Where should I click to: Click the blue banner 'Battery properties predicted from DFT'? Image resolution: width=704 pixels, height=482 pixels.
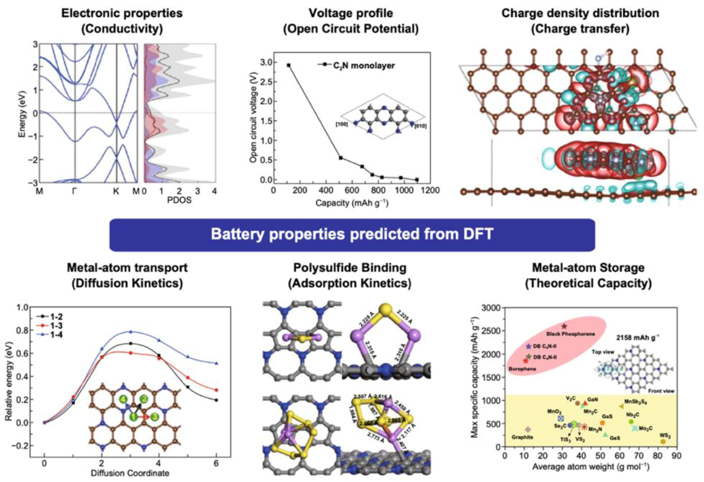click(x=352, y=235)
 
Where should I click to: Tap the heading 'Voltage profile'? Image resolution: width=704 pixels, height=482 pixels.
click(x=351, y=13)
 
